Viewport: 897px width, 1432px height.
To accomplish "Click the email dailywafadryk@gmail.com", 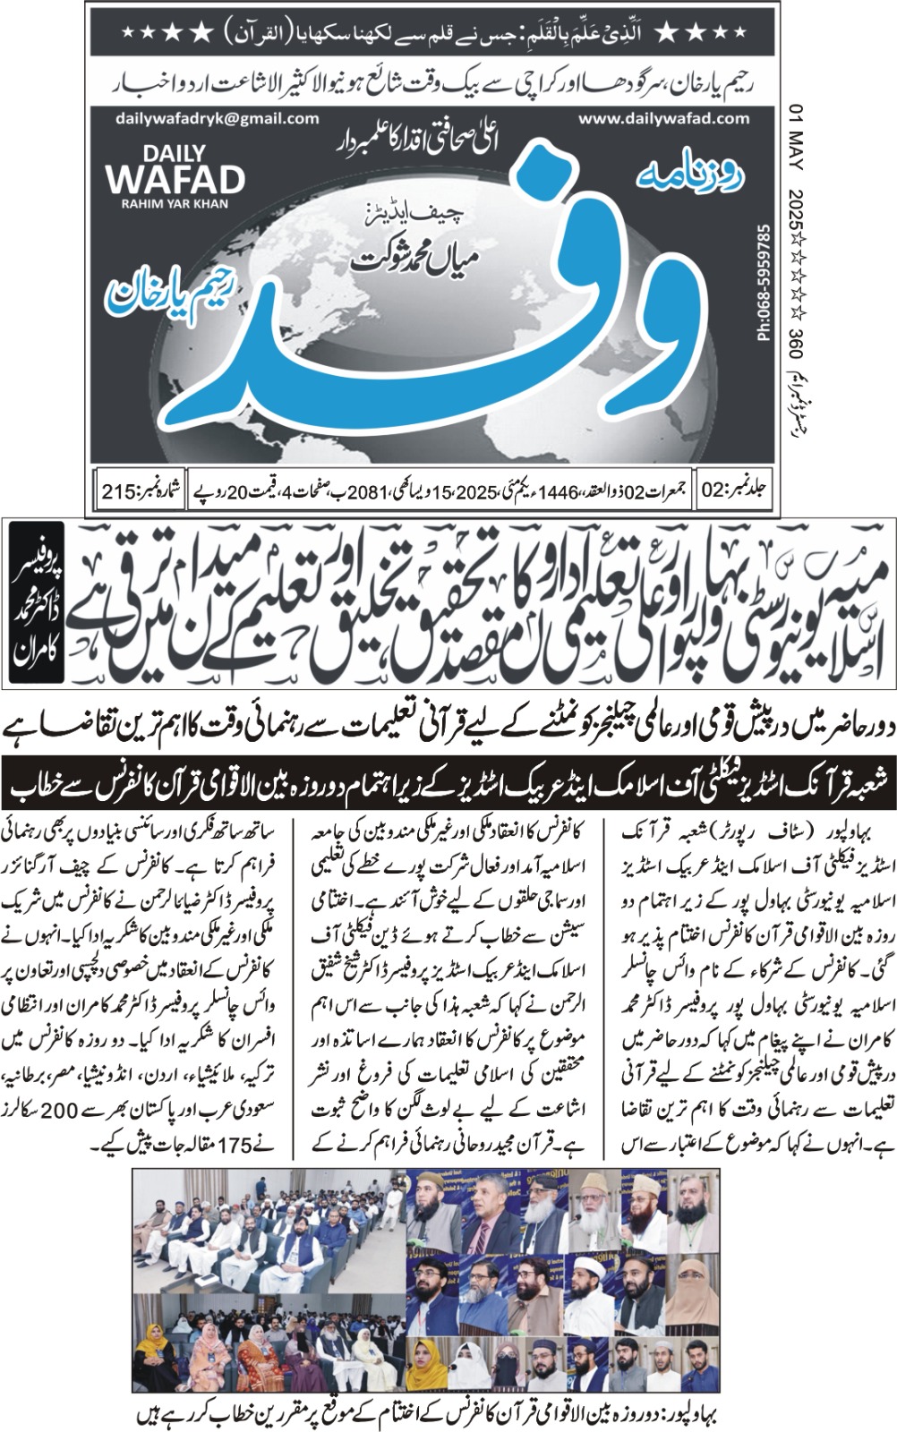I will pos(217,118).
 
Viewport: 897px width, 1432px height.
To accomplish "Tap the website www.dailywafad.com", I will pos(664,118).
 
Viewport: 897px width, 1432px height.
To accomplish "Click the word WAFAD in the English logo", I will pos(175,179).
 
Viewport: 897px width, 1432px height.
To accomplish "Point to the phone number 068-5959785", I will pos(763,281).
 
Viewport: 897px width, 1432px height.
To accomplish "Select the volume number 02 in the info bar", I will pos(713,491).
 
